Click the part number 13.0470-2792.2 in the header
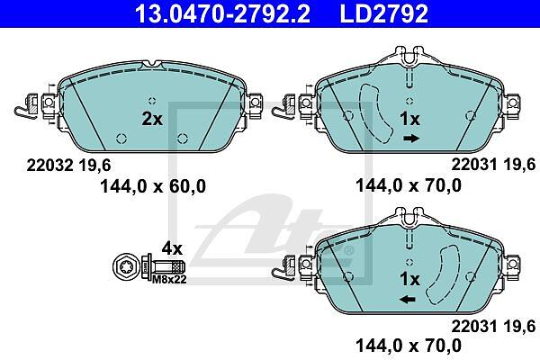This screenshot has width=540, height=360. pos(222,13)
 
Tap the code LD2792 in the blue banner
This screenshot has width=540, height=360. pos(384,13)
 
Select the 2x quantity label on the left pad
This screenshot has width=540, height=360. pos(152,119)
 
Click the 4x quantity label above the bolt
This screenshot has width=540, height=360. pos(172,248)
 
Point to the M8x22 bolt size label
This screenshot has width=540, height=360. pos(169,279)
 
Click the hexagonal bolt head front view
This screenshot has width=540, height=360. pos(125,266)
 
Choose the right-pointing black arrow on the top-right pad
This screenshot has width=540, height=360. pos(411,139)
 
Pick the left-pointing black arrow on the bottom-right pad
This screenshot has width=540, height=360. pos(408,300)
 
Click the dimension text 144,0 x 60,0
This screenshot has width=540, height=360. pos(153,186)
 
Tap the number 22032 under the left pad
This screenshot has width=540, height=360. pos(49,166)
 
